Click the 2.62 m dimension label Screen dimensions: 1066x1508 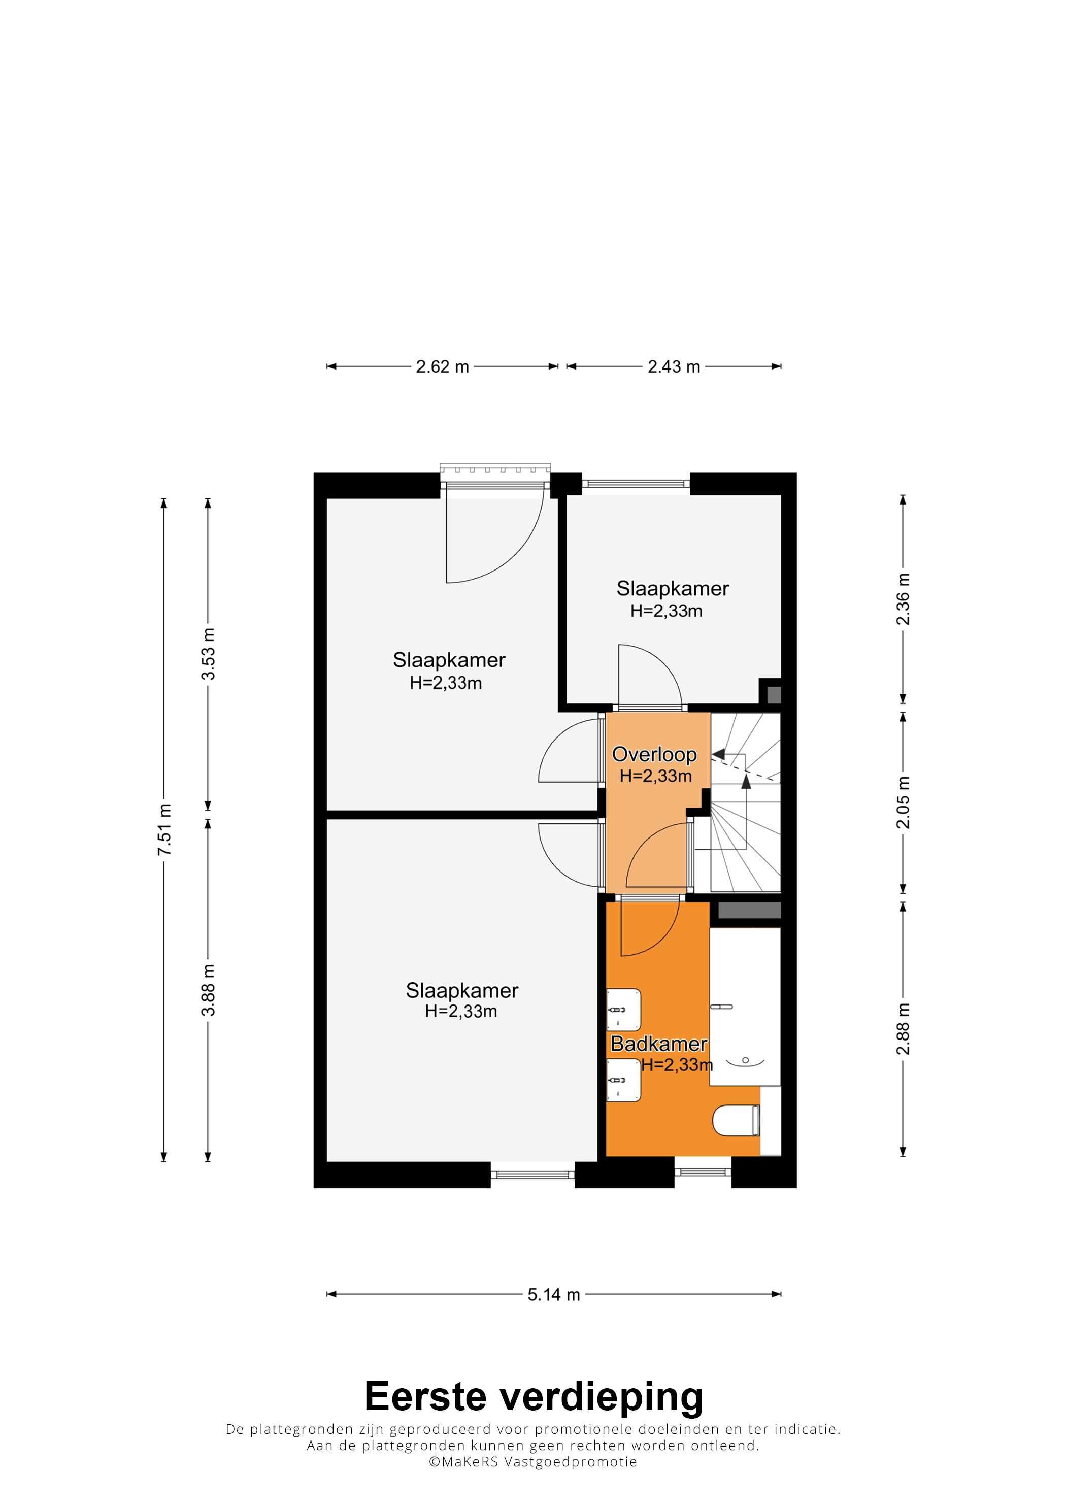(442, 366)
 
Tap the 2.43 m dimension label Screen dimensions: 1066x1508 (674, 366)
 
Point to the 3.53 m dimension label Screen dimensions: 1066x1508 (208, 654)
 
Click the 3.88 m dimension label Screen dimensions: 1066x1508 (208, 990)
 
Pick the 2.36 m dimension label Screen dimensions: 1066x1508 (903, 599)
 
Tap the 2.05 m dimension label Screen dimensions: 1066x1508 (903, 802)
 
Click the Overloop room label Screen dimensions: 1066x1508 (654, 755)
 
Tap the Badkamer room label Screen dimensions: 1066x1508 (659, 1044)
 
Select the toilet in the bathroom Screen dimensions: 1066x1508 (736, 1121)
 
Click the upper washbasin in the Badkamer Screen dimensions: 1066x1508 (623, 1010)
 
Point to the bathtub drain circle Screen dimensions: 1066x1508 (746, 1060)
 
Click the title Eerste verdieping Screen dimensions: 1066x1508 (534, 1396)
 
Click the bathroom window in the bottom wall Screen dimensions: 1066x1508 (703, 1171)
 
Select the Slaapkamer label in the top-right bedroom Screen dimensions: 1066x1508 (673, 588)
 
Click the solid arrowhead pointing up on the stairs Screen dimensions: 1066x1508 (746, 782)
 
